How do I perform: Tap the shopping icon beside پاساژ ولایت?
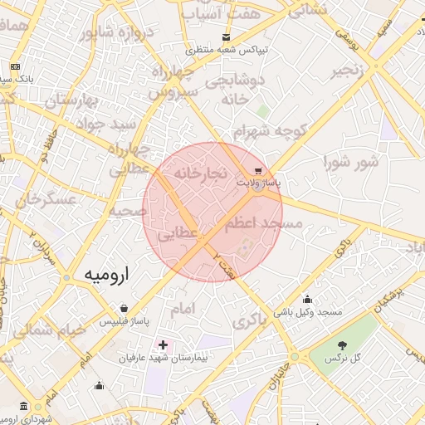point(260,169)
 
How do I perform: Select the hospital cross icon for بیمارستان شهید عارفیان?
point(163,344)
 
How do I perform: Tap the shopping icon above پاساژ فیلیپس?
point(124,307)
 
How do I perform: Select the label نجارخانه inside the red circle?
point(200,173)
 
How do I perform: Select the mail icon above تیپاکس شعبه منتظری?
point(227,37)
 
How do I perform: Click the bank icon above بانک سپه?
point(15,66)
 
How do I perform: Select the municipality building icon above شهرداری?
point(23,407)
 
